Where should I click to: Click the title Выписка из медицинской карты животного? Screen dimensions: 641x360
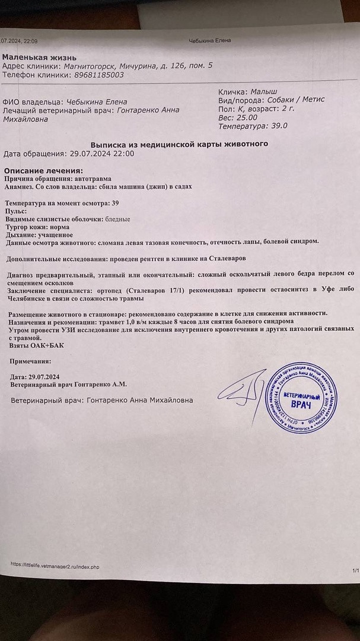point(179,144)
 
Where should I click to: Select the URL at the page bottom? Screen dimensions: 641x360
point(55,567)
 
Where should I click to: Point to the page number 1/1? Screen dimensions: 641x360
point(355,570)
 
